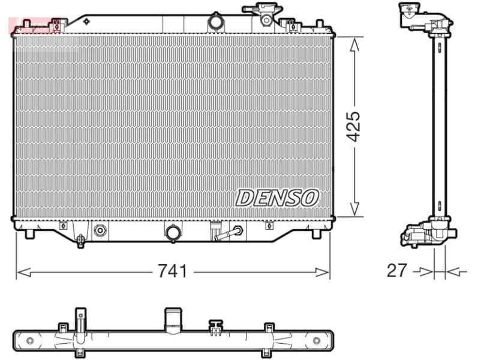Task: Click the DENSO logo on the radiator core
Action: point(277,197)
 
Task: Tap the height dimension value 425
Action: point(354,126)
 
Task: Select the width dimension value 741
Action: point(173,272)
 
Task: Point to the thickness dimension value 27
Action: point(396,271)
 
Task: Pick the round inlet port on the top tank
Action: point(215,23)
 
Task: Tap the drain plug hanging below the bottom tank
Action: point(81,241)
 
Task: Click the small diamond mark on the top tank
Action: point(86,22)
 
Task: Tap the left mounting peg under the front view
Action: point(28,233)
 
